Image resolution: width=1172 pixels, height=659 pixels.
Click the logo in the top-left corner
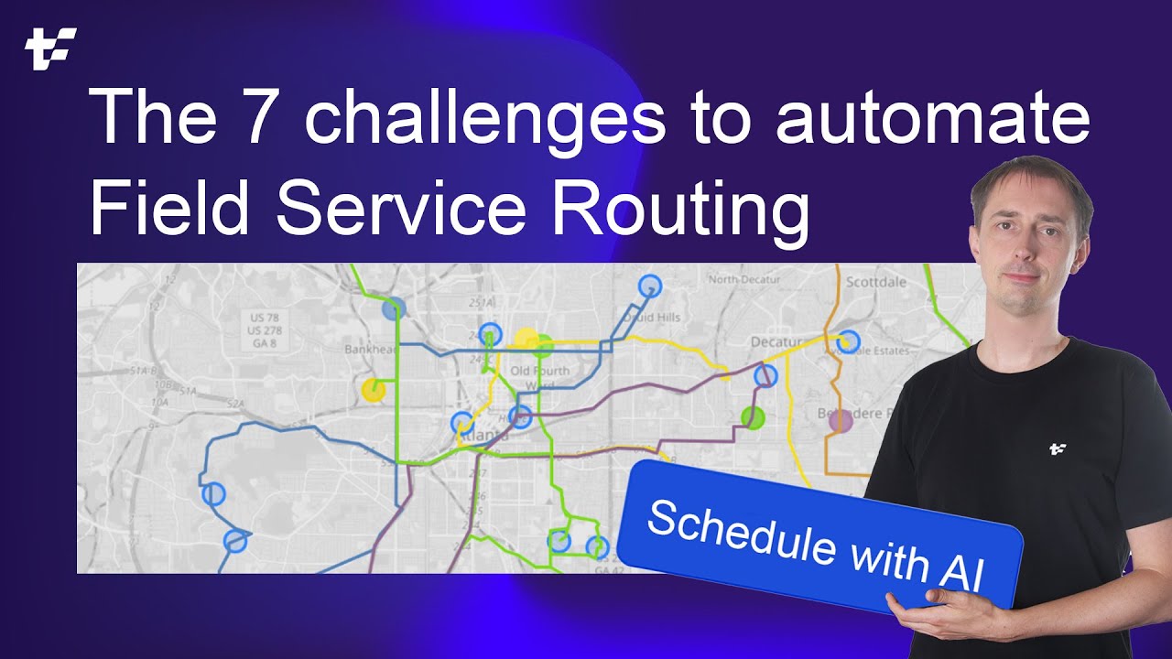click(50, 49)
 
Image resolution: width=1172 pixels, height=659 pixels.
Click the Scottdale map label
click(875, 282)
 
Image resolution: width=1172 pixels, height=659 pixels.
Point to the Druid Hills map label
click(652, 317)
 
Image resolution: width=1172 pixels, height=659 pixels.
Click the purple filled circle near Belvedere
click(840, 420)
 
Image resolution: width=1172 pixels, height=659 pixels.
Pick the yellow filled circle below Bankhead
click(373, 390)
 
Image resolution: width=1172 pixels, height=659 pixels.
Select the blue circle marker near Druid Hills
click(649, 286)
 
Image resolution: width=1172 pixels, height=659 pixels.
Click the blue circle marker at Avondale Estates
click(849, 341)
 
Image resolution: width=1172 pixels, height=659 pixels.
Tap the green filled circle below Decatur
click(753, 418)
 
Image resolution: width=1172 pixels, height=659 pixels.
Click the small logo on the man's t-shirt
click(1058, 448)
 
